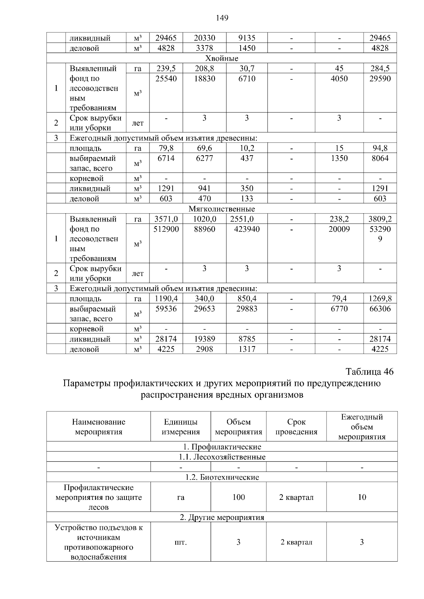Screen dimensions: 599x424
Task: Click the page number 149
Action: (222, 18)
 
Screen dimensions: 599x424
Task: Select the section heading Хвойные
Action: (222, 58)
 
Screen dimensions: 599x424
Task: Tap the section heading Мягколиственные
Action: (222, 209)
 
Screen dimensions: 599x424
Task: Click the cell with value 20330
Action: (204, 38)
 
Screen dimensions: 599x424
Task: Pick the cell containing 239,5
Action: (166, 68)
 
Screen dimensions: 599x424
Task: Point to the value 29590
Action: (380, 79)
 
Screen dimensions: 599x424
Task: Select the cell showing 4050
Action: (339, 79)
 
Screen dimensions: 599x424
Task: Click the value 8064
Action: (380, 158)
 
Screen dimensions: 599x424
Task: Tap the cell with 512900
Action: (166, 229)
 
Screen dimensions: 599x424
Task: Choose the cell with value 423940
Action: (247, 229)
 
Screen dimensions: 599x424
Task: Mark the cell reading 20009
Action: (339, 229)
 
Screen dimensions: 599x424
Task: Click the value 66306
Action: (380, 309)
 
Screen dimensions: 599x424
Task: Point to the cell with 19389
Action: (204, 339)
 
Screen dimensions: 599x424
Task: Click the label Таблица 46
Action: (370, 372)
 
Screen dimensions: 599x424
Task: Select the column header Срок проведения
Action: (296, 427)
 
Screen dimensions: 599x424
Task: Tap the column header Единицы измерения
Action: (181, 427)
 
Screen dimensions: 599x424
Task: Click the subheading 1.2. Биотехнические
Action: (222, 477)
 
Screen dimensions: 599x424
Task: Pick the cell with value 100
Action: (238, 497)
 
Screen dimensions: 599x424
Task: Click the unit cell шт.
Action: (181, 542)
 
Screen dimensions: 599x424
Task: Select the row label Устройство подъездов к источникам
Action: (99, 533)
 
